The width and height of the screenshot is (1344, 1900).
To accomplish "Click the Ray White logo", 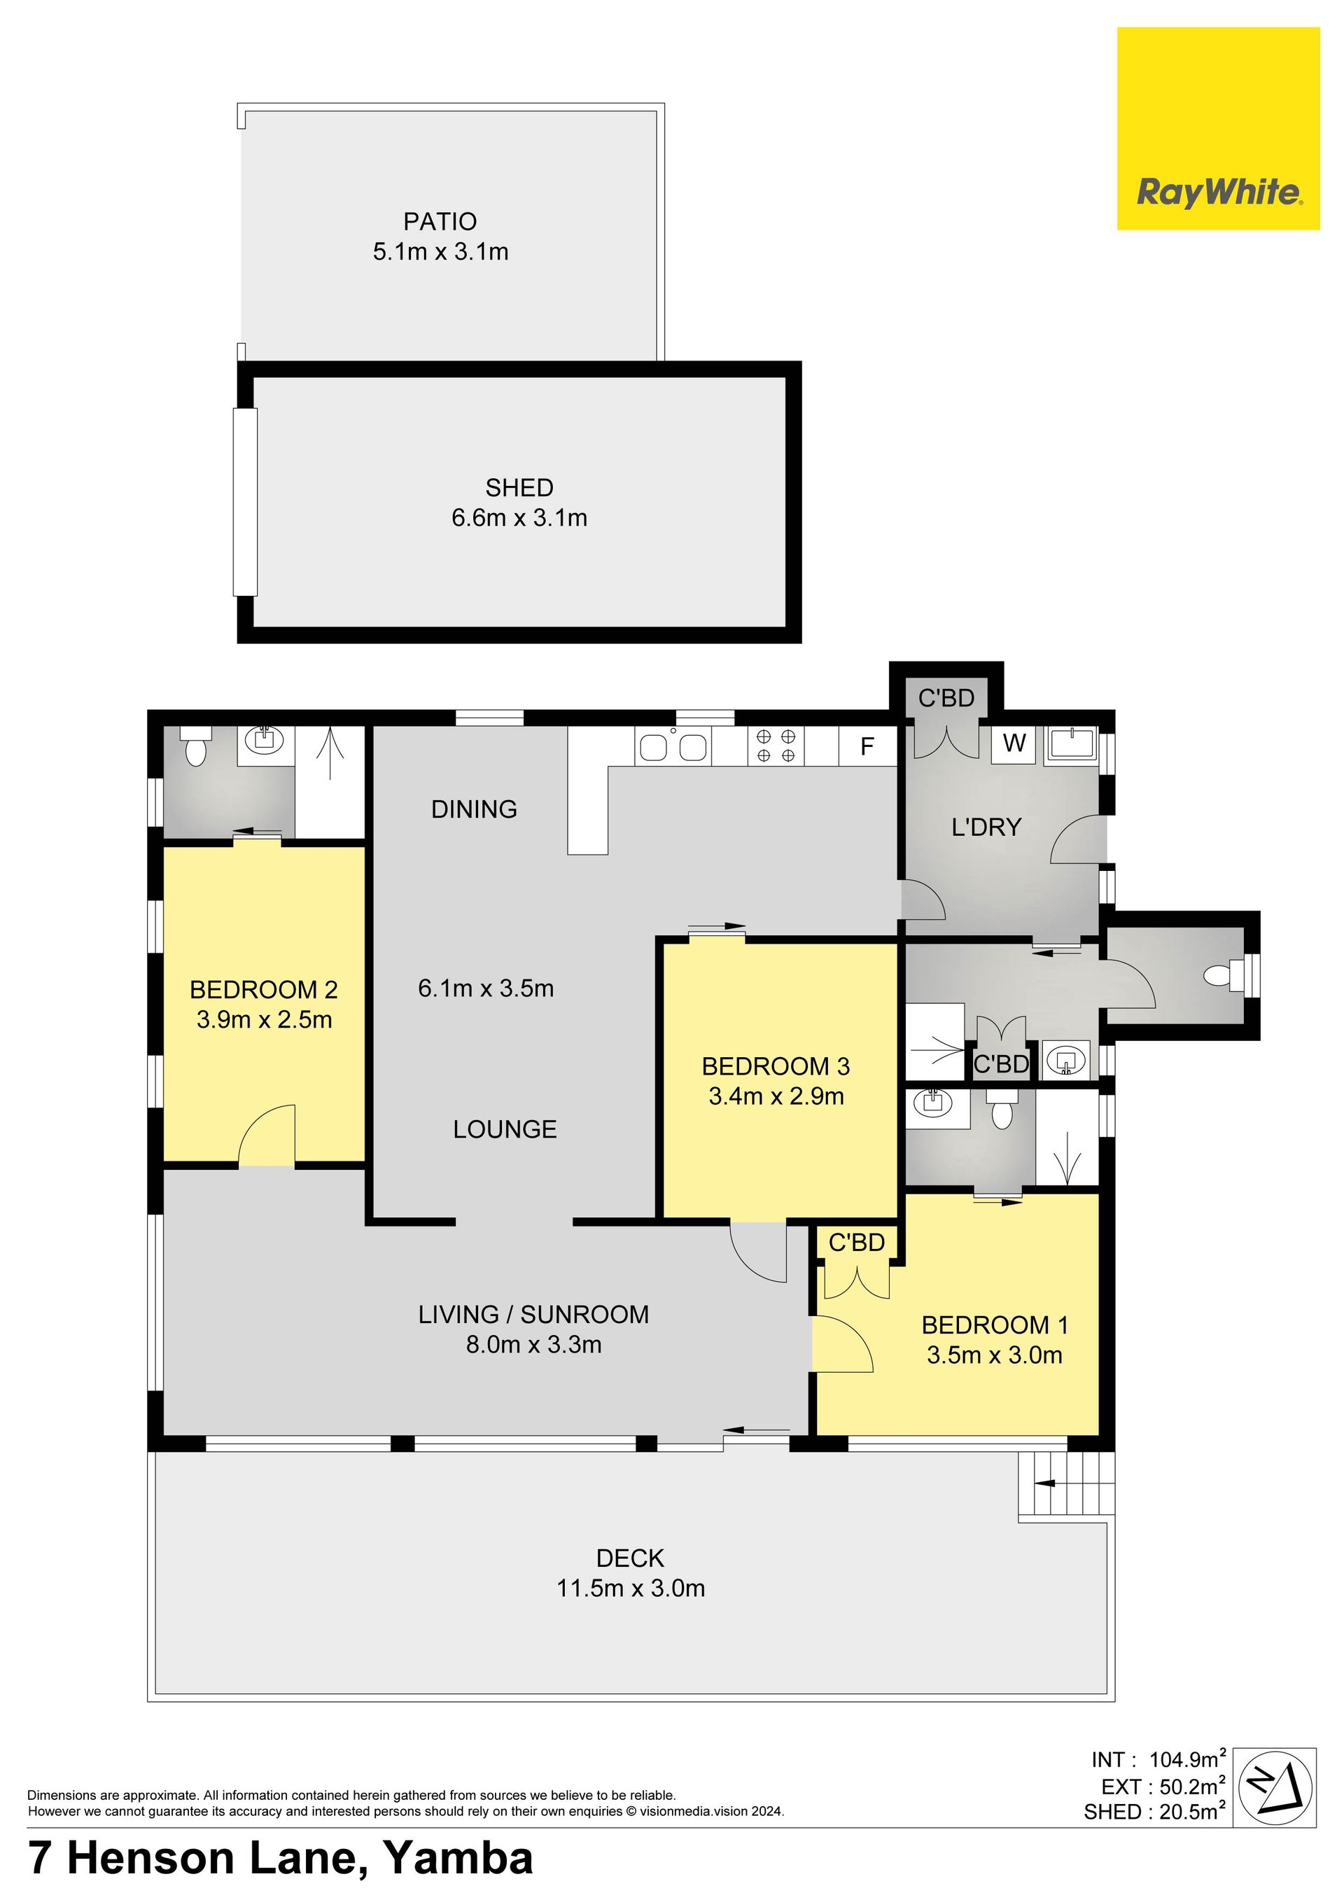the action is pyautogui.click(x=1218, y=128).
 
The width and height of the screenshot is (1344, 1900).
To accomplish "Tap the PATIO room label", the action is pyautogui.click(x=440, y=222).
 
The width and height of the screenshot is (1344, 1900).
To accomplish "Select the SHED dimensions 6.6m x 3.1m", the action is pyautogui.click(x=519, y=518).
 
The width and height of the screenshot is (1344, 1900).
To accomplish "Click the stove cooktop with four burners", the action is pyautogui.click(x=776, y=745).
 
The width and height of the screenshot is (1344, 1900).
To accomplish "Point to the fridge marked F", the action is pyautogui.click(x=867, y=746).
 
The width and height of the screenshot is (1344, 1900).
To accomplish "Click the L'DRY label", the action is pyautogui.click(x=986, y=827).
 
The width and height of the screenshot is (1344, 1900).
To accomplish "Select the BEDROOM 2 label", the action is pyautogui.click(x=264, y=990).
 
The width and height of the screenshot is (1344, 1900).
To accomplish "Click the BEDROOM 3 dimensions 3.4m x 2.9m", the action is pyautogui.click(x=776, y=1096).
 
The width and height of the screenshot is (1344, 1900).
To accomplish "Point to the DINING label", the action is pyautogui.click(x=474, y=809).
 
